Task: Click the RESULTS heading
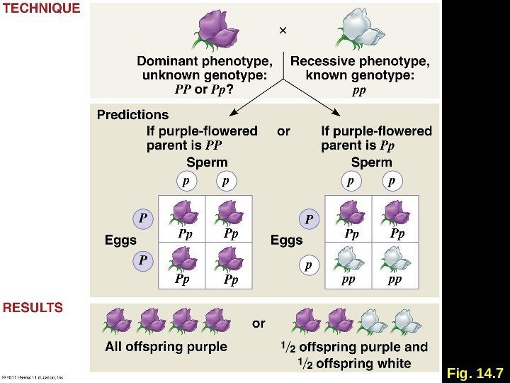coord(33,308)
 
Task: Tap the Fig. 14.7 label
coord(475,373)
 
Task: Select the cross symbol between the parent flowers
coord(283,31)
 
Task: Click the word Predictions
coord(132,114)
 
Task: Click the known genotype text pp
coord(359,91)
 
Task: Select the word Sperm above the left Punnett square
coord(207,162)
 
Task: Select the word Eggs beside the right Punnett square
coord(286,240)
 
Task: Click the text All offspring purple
coord(166,347)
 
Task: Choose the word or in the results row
coord(259,323)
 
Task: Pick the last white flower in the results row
coord(403,321)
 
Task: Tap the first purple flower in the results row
coord(116,321)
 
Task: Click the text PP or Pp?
coord(205,90)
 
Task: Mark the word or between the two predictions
coord(283,131)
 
